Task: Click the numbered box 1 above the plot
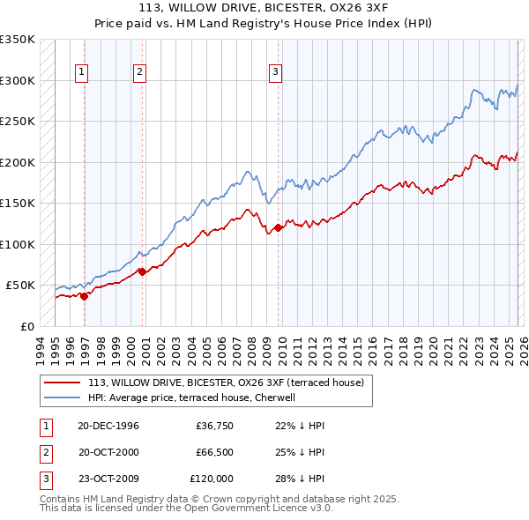[82, 73]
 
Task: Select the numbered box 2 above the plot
[139, 73]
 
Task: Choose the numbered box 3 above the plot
[275, 73]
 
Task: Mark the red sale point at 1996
[85, 296]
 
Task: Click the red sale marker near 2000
[142, 271]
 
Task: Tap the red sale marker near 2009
[278, 227]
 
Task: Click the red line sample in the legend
[63, 383]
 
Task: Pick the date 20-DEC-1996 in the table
[108, 426]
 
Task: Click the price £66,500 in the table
[214, 452]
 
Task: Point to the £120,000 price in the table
[212, 479]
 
